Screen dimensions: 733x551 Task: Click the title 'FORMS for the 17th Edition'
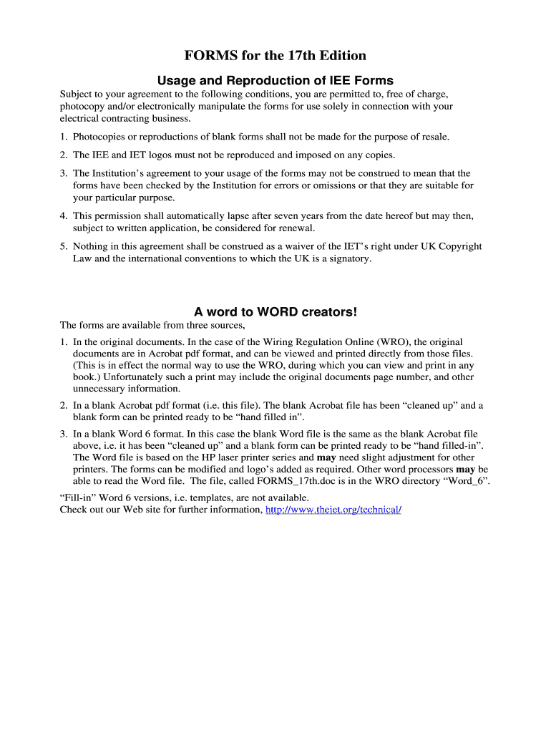275,55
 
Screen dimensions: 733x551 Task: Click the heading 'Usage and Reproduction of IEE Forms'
275,80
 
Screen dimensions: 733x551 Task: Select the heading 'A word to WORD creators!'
275,312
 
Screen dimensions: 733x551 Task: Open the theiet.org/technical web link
333,510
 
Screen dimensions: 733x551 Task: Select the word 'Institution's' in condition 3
122,173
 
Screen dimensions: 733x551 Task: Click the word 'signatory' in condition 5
348,258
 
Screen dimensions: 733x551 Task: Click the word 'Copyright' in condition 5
460,246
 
